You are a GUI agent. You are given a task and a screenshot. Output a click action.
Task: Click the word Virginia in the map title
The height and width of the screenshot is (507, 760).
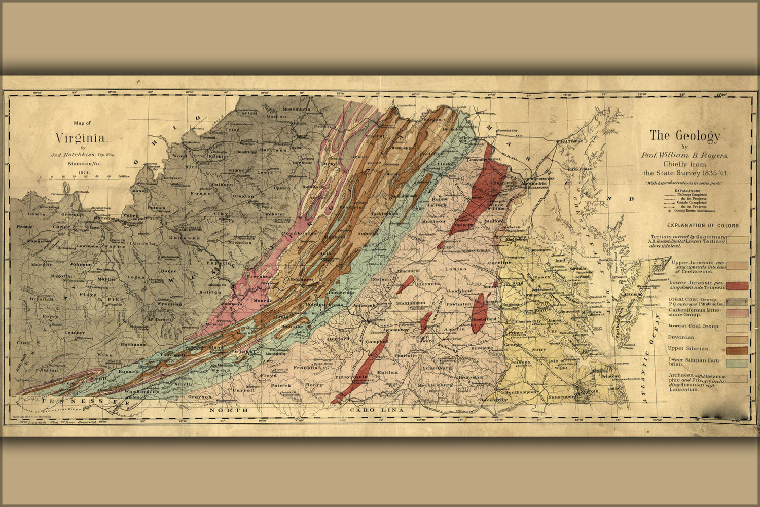82,137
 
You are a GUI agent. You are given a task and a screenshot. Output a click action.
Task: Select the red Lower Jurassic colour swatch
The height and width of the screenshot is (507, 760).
737,285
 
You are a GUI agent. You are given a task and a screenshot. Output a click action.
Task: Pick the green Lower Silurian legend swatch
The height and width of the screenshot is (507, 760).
737,363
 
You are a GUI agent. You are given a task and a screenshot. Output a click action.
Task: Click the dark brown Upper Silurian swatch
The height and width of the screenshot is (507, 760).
737,350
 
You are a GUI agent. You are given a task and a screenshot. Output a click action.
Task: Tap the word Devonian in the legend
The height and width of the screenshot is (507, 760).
681,337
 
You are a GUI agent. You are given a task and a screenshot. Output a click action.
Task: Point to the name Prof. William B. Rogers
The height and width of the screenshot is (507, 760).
684,155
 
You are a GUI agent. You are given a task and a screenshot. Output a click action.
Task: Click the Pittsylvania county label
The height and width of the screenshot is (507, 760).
350,378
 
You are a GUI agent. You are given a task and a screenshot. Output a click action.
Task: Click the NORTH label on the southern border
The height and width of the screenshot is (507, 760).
229,409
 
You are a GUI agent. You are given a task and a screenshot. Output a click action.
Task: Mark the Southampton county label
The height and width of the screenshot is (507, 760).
521,392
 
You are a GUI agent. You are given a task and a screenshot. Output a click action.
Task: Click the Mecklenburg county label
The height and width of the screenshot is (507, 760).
435,385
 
